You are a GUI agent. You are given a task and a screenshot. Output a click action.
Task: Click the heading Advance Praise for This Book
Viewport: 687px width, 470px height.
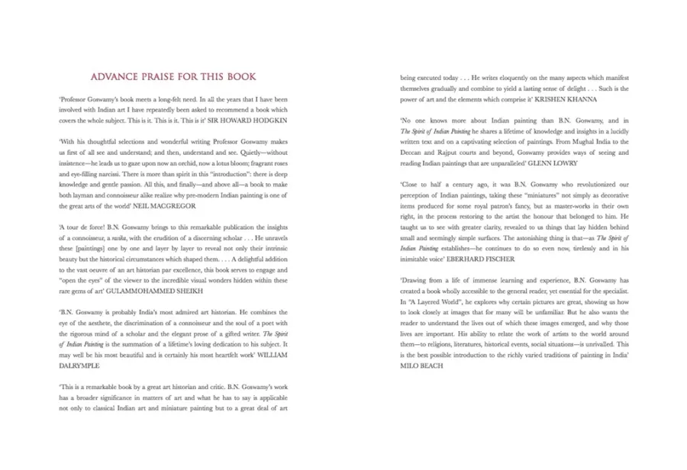(173, 77)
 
